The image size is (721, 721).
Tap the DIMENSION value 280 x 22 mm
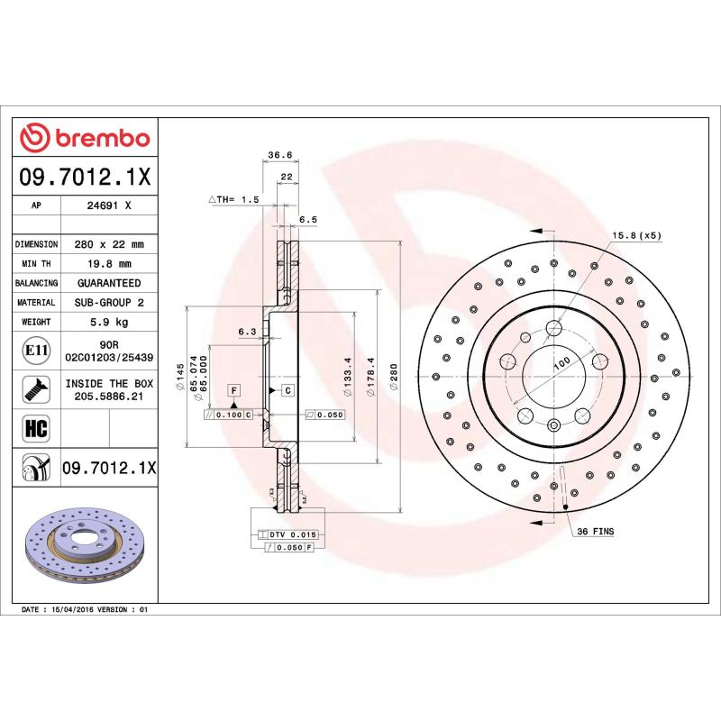pos(109,244)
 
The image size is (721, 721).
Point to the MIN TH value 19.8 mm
pos(109,264)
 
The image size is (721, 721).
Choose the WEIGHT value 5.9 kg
pos(109,322)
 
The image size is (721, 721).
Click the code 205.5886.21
pos(109,396)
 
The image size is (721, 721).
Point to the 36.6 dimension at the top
pos(279,155)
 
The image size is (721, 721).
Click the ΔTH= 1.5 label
pos(234,198)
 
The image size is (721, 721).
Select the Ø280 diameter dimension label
pos(393,372)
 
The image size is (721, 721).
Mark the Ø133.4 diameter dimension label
pos(346,372)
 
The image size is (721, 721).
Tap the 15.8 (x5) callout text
pos(636,235)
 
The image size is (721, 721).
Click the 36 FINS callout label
pos(595,532)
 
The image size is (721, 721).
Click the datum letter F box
pos(233,390)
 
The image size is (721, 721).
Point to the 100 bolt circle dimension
pos(561,362)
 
